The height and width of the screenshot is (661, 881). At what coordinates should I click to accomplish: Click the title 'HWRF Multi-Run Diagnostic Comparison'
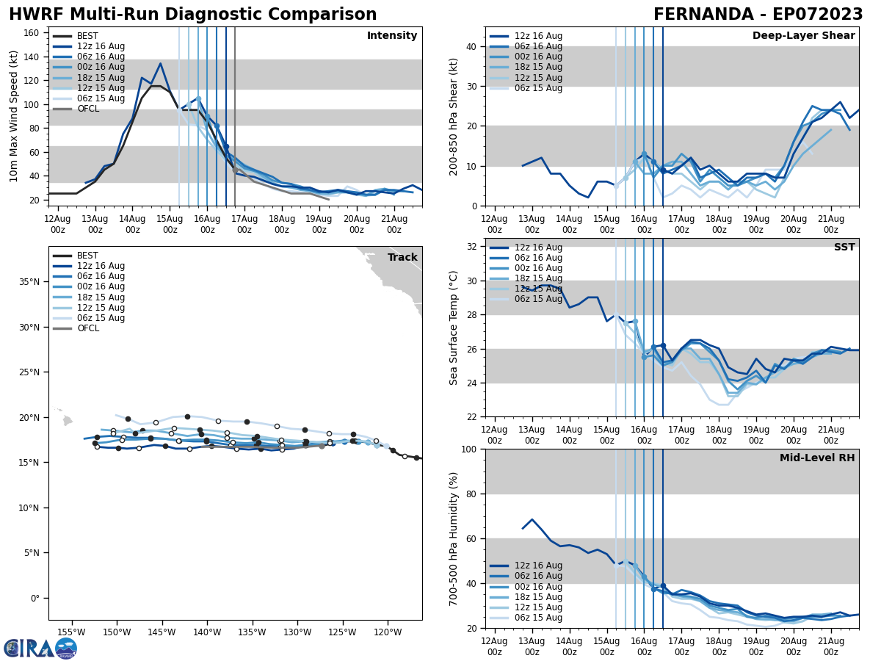pyautogui.click(x=192, y=15)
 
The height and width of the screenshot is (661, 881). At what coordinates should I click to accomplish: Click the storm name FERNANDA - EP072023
pyautogui.click(x=758, y=15)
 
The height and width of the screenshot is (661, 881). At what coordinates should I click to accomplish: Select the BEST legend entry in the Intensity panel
pyautogui.click(x=87, y=36)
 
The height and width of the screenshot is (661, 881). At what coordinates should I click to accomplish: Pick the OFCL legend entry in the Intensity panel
pyautogui.click(x=87, y=109)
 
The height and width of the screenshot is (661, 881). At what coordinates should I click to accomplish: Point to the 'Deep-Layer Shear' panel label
pyautogui.click(x=803, y=36)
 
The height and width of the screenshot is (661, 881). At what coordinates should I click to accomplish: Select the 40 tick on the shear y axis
pyautogui.click(x=471, y=46)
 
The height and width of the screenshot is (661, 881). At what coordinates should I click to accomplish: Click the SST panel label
pyautogui.click(x=844, y=248)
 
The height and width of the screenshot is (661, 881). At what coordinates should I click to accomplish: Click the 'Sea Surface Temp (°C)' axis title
pyautogui.click(x=454, y=328)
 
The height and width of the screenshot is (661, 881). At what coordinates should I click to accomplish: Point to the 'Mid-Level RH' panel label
pyautogui.click(x=817, y=458)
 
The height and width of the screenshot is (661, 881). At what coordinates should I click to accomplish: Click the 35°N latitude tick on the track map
pyautogui.click(x=29, y=281)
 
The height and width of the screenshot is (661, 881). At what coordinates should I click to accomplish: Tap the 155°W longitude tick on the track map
pyautogui.click(x=71, y=632)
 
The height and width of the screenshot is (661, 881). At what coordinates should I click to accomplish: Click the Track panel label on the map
pyautogui.click(x=402, y=258)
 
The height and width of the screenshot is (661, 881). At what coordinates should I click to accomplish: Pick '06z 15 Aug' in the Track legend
pyautogui.click(x=101, y=318)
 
